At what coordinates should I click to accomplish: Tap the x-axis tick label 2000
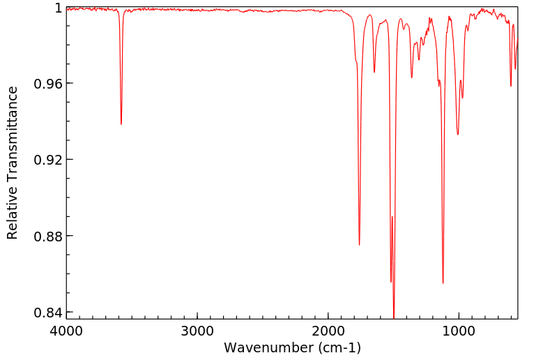[328, 331]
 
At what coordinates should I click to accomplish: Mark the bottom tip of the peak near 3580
[121, 124]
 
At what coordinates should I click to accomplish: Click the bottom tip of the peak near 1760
[359, 245]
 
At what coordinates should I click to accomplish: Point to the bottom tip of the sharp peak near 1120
[443, 283]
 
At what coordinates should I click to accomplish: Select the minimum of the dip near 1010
[457, 135]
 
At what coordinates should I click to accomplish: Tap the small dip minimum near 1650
[374, 72]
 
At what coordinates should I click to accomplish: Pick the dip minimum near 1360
[412, 77]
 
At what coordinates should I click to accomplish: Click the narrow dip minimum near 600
[511, 86]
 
